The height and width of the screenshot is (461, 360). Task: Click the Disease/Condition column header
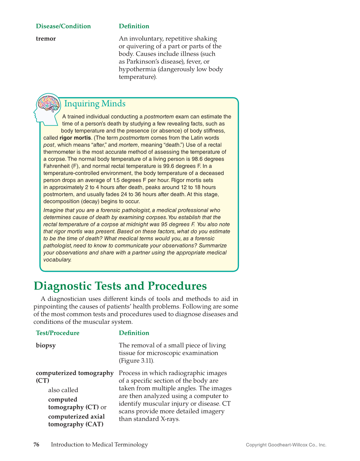click(63, 26)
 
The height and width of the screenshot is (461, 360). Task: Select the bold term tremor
click(46, 39)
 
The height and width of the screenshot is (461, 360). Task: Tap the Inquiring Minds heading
click(95, 103)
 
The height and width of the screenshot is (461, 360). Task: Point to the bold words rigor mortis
click(75, 138)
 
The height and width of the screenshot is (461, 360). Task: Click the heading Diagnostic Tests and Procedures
click(120, 286)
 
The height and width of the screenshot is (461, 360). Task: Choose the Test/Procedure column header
click(58, 333)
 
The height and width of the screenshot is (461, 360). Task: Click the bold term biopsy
click(46, 345)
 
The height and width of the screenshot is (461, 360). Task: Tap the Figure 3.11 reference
click(136, 361)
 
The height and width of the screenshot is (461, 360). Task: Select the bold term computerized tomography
click(75, 373)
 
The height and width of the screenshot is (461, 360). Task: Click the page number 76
click(36, 445)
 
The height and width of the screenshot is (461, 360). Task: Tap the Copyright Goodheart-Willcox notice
click(286, 445)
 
